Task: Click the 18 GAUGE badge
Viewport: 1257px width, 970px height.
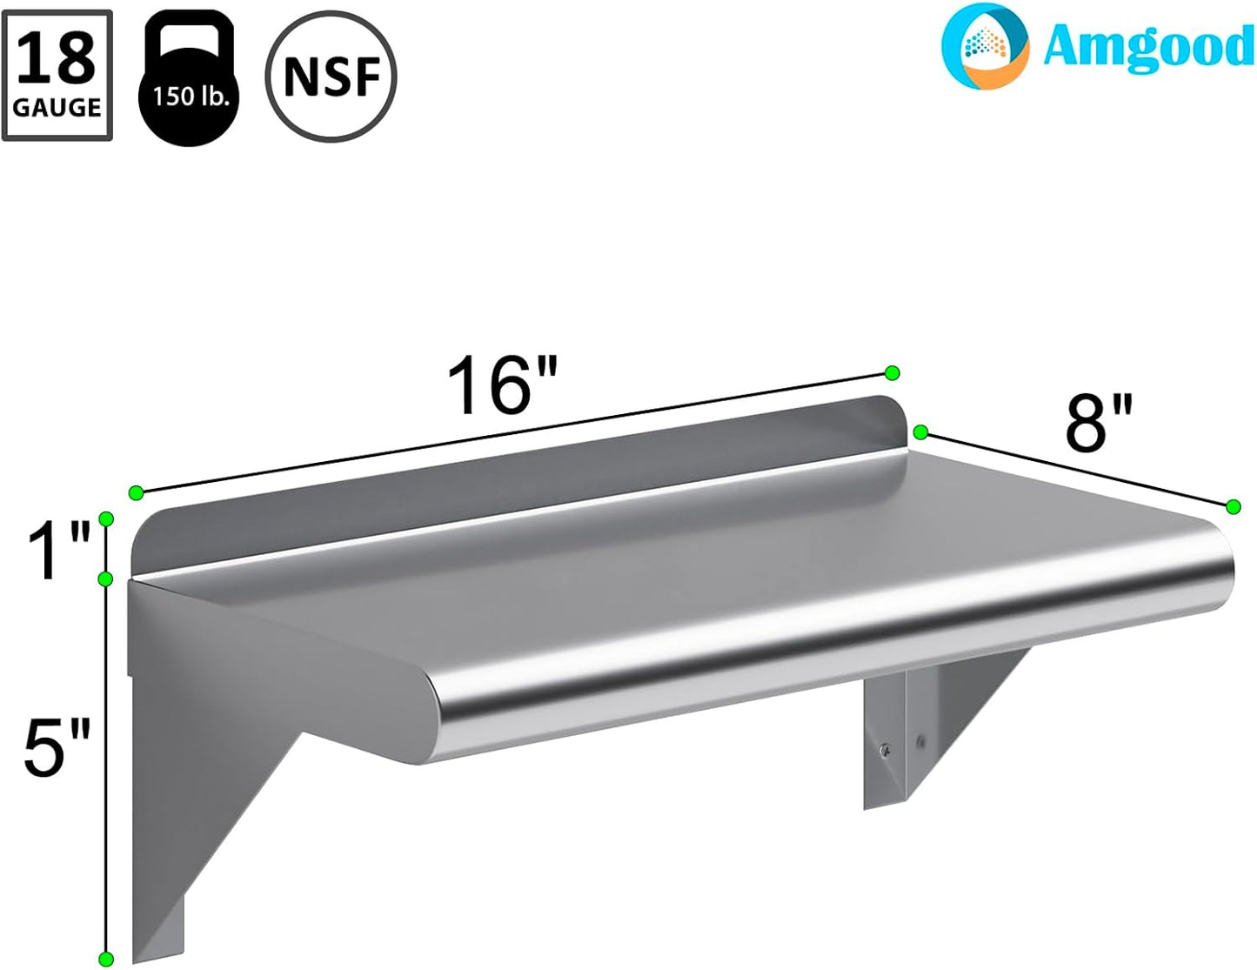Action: pos(57,76)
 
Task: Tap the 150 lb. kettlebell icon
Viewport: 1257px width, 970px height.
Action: pos(189,79)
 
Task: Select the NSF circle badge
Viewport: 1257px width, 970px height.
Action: pos(331,77)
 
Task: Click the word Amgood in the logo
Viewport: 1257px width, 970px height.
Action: pos(1147,46)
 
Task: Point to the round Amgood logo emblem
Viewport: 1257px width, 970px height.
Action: pos(985,46)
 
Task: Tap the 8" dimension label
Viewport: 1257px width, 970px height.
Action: pos(1100,424)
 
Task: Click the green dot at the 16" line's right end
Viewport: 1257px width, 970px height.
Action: pos(892,373)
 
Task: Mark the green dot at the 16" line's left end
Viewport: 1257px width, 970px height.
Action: pos(136,493)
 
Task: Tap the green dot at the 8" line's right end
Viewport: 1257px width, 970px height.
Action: pos(1233,507)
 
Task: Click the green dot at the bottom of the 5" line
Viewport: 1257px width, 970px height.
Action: pos(106,959)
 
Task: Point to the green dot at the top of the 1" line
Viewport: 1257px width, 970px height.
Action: pos(106,519)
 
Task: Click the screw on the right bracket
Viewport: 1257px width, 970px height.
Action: pos(885,751)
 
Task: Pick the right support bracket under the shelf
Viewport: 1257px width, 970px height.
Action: pos(931,722)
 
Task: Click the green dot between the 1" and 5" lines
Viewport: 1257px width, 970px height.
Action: pos(106,579)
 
